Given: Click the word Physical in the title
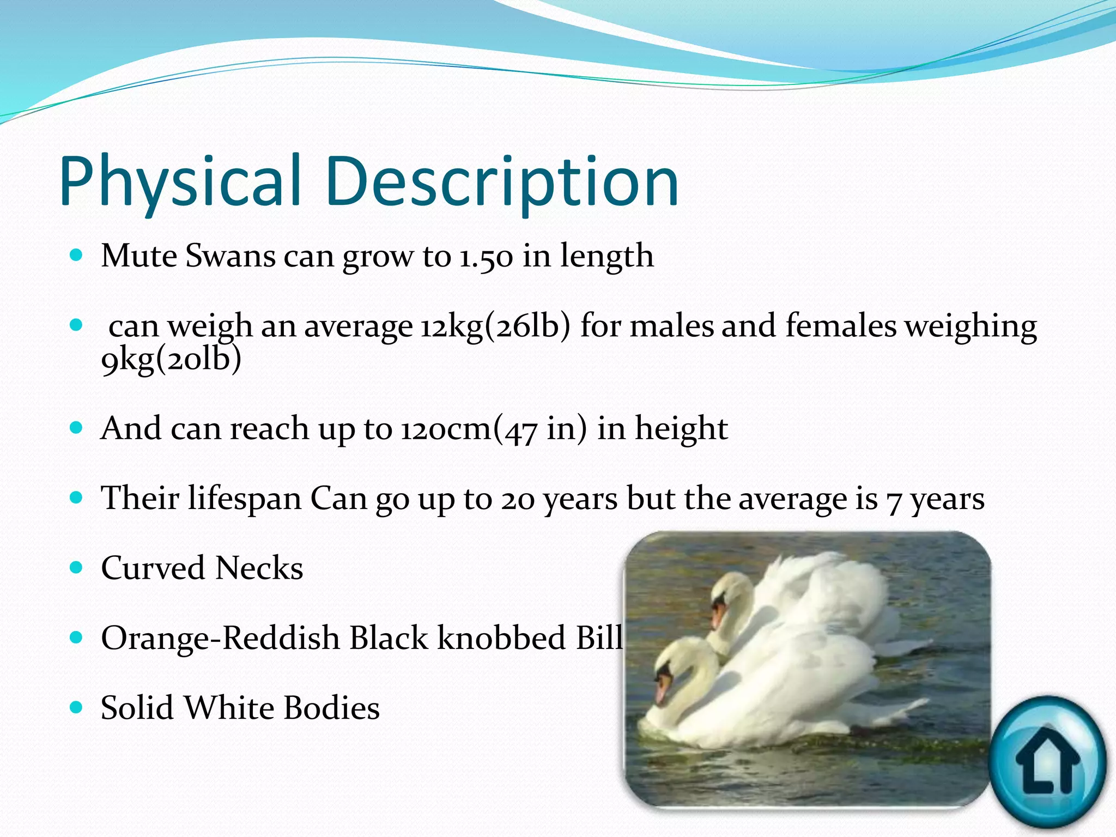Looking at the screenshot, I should pyautogui.click(x=180, y=181).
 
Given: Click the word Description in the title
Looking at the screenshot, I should pyautogui.click(x=502, y=181).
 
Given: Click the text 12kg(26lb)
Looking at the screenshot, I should pyautogui.click(x=495, y=327).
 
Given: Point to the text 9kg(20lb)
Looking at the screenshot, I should pyautogui.click(x=171, y=360).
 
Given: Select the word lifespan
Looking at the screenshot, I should pyautogui.click(x=245, y=499).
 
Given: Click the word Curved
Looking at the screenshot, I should pyautogui.click(x=153, y=568).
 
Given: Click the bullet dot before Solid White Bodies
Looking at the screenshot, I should pyautogui.click(x=76, y=708).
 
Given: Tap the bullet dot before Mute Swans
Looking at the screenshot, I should pyautogui.click(x=76, y=255).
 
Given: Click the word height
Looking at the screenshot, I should pyautogui.click(x=681, y=429).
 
